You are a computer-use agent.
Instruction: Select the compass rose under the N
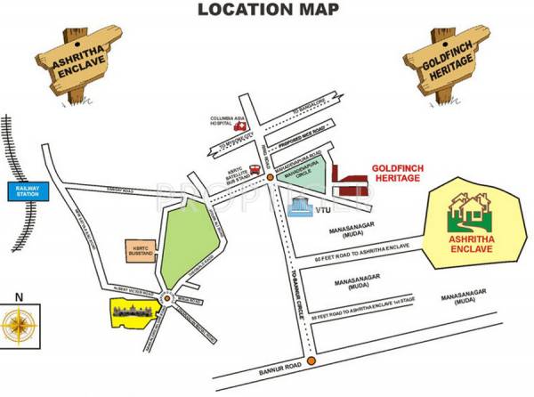[17, 326]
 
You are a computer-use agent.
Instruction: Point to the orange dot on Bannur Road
[311, 361]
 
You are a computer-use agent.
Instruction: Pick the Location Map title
[267, 10]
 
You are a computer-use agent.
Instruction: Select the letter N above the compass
[16, 296]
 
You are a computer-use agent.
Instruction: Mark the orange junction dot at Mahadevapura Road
[271, 182]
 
